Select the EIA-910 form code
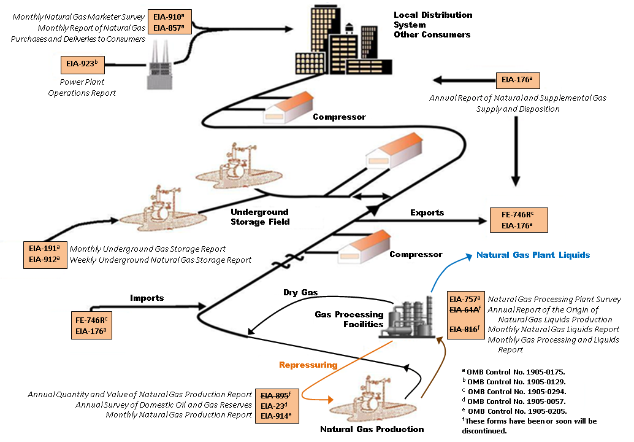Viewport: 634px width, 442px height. (x=166, y=17)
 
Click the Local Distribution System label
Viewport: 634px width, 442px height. (x=432, y=20)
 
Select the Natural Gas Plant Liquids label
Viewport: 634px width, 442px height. (x=533, y=255)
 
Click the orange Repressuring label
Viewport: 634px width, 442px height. (x=308, y=365)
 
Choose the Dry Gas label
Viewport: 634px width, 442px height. (x=300, y=293)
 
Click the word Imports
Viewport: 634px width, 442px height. (x=147, y=298)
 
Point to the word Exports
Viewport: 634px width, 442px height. (x=427, y=212)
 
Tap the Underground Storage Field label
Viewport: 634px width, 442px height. (x=259, y=216)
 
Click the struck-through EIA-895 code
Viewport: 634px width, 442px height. (x=273, y=395)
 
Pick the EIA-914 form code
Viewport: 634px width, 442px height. (x=273, y=416)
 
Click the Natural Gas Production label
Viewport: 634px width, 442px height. (x=372, y=428)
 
